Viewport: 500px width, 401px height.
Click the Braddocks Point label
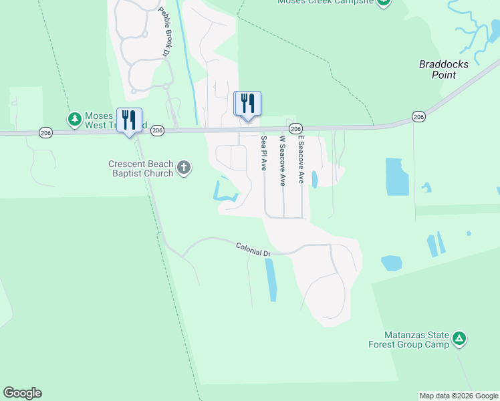click(x=444, y=70)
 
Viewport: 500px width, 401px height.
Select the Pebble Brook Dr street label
click(x=164, y=31)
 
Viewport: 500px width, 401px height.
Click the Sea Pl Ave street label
click(x=264, y=153)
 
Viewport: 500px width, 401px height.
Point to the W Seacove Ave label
click(x=283, y=160)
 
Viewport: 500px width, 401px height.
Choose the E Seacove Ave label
click(x=301, y=160)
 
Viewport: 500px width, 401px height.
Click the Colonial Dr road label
click(x=253, y=250)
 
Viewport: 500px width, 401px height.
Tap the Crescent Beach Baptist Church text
click(x=141, y=168)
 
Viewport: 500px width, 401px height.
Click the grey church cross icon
click(x=184, y=168)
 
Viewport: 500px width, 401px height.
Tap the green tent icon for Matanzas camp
click(x=459, y=339)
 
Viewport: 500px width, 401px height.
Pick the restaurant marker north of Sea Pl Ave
click(x=247, y=104)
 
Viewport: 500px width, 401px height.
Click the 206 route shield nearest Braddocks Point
click(x=418, y=117)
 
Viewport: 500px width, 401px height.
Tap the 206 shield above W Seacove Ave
click(x=296, y=128)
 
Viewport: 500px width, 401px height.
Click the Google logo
click(x=22, y=393)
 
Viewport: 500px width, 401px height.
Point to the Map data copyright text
click(x=459, y=396)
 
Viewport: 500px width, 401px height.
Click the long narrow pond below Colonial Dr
click(x=271, y=279)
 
